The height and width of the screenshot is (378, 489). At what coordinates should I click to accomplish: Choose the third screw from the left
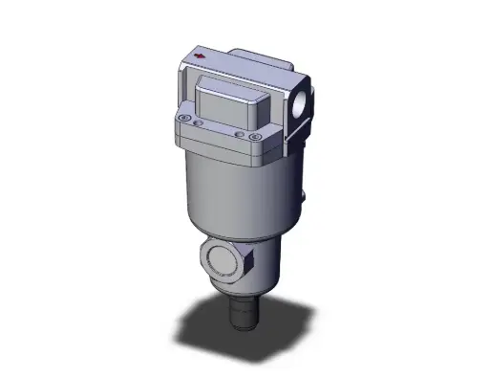pos(238,135)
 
